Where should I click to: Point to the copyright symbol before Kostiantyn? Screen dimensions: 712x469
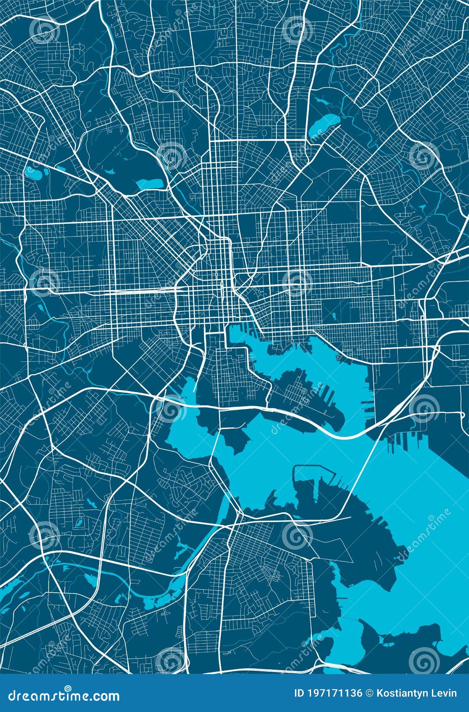[x=370, y=693]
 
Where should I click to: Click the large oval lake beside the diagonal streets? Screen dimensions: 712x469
[x=323, y=124]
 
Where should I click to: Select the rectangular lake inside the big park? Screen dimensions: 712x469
[x=149, y=184]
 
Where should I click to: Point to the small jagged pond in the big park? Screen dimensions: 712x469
[x=110, y=171]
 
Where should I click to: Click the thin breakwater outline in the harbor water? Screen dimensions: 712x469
[x=314, y=468]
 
